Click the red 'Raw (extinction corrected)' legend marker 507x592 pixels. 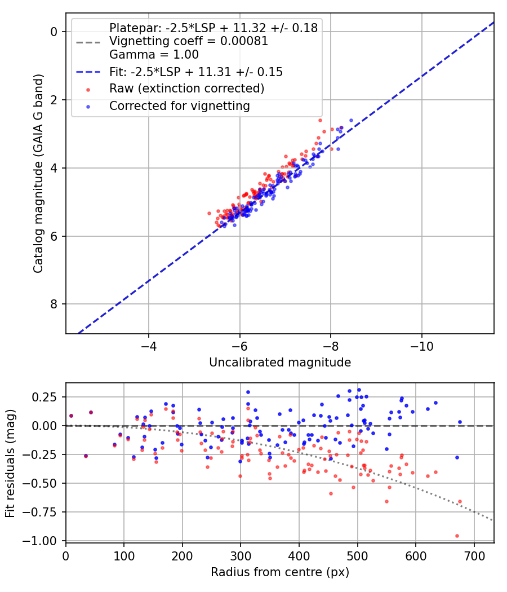point(88,89)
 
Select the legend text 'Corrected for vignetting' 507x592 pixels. point(180,106)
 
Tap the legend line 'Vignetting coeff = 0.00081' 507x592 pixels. point(189,41)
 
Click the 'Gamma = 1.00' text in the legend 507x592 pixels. point(154,55)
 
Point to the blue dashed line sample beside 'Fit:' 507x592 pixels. point(88,72)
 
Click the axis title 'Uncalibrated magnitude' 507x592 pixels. point(280,363)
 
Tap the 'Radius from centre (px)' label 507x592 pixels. point(280,572)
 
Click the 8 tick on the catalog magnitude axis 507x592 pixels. point(54,304)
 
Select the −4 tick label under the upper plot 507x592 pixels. point(149,344)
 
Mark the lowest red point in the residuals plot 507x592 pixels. point(457,536)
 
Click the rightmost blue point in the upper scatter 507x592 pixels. point(351,120)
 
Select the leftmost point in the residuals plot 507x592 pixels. point(71,416)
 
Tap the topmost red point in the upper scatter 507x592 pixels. point(320,120)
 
